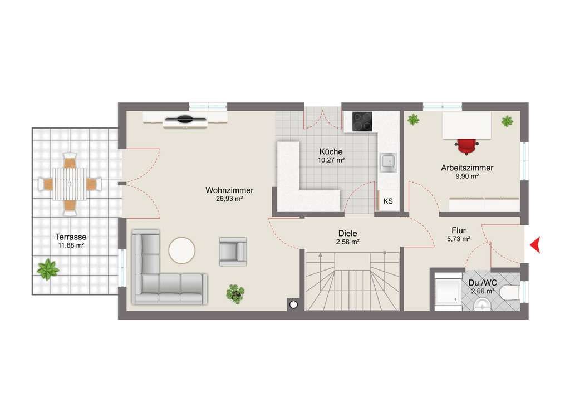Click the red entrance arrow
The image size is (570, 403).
535,244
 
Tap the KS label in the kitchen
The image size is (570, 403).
388,202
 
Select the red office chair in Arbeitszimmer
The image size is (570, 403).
467,146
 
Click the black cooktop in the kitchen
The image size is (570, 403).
362,121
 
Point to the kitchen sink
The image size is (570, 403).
388,163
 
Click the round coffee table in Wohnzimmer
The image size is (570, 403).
182,250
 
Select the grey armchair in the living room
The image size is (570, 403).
233,251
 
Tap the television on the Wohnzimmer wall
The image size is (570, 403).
185,119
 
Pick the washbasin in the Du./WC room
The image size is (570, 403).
483,304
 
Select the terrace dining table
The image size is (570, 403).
70,184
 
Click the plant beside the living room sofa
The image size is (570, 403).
235,294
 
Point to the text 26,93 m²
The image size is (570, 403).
229,199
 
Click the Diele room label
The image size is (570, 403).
347,233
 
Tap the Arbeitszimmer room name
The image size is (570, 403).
467,168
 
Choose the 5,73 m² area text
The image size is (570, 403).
459,239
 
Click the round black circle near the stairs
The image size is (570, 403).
293,305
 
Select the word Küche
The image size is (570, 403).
331,151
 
